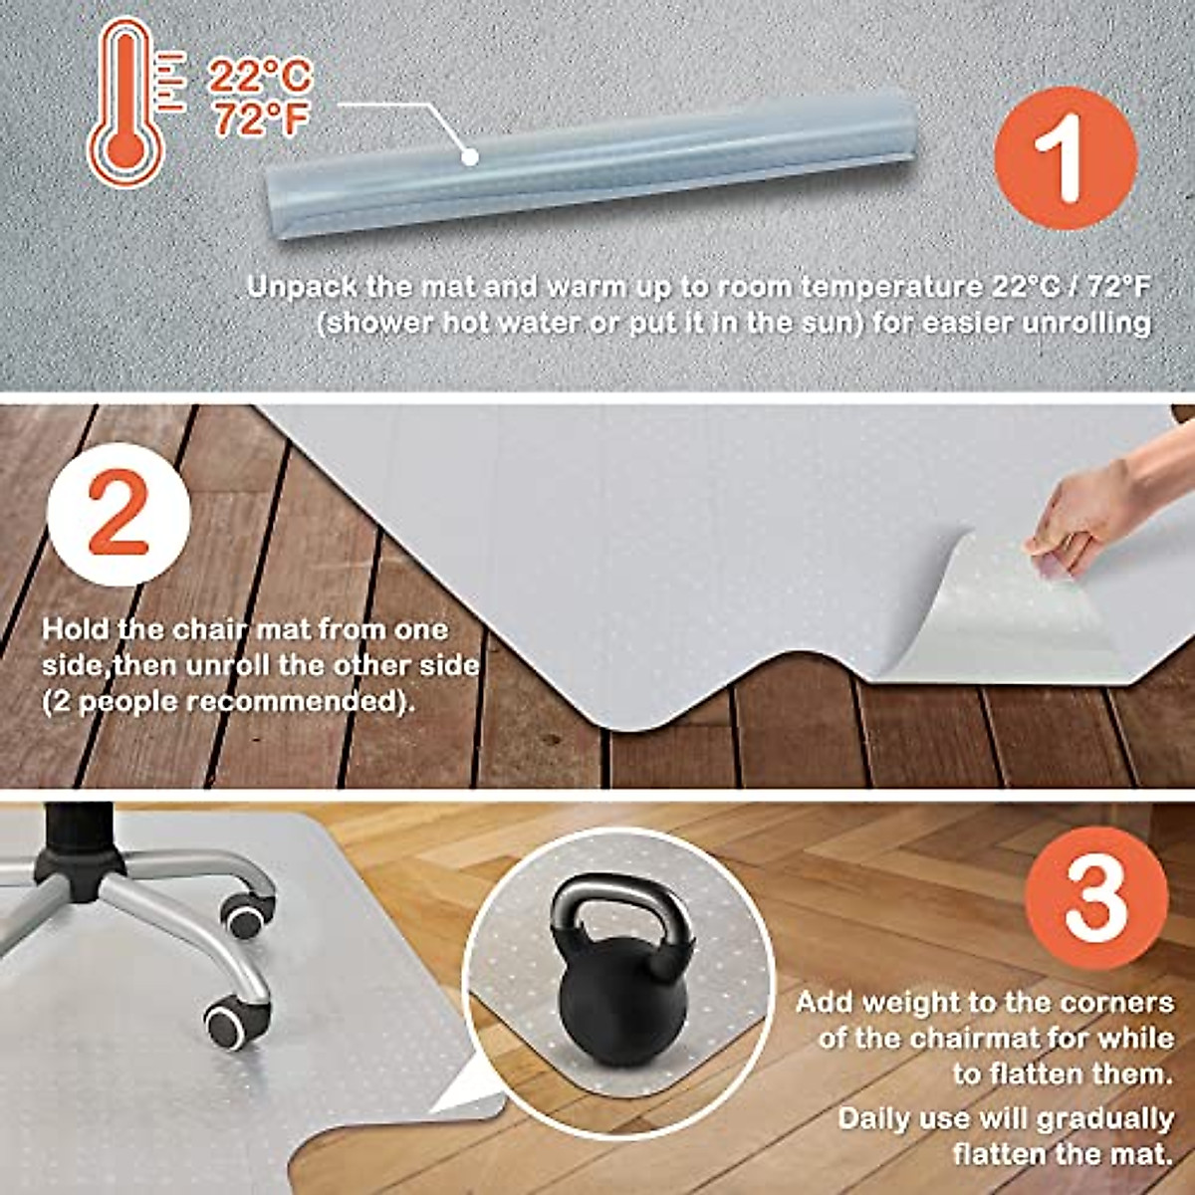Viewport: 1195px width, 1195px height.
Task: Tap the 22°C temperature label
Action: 260,77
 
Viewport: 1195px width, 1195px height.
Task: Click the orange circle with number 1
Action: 1065,158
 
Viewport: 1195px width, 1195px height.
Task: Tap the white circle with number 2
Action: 119,514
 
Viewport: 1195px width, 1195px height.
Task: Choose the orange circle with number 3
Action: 1095,897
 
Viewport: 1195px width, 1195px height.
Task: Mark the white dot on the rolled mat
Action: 470,156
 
